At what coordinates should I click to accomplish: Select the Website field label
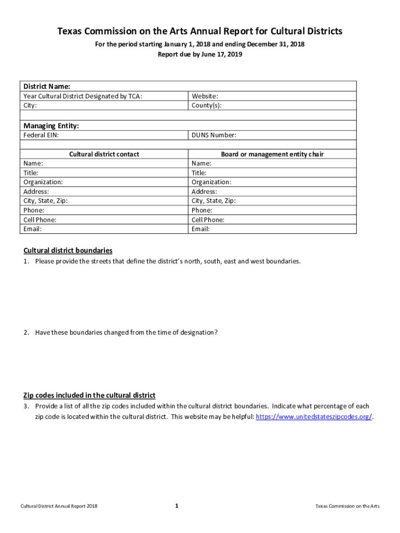205,96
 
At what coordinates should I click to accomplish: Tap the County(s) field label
206,105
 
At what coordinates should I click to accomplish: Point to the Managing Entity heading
51,125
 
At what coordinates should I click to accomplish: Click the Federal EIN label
41,135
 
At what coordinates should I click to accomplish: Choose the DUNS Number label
214,135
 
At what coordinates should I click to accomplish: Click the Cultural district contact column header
104,154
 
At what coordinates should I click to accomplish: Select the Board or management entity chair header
272,154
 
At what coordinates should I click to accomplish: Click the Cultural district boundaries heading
68,250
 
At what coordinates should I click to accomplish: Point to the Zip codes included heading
89,396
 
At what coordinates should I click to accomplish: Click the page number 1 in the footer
177,505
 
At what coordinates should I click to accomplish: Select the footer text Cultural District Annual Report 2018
59,506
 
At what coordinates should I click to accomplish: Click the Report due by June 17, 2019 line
200,54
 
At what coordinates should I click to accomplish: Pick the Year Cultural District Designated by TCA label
83,96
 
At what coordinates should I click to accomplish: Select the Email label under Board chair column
201,229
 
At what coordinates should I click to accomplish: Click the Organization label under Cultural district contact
43,182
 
